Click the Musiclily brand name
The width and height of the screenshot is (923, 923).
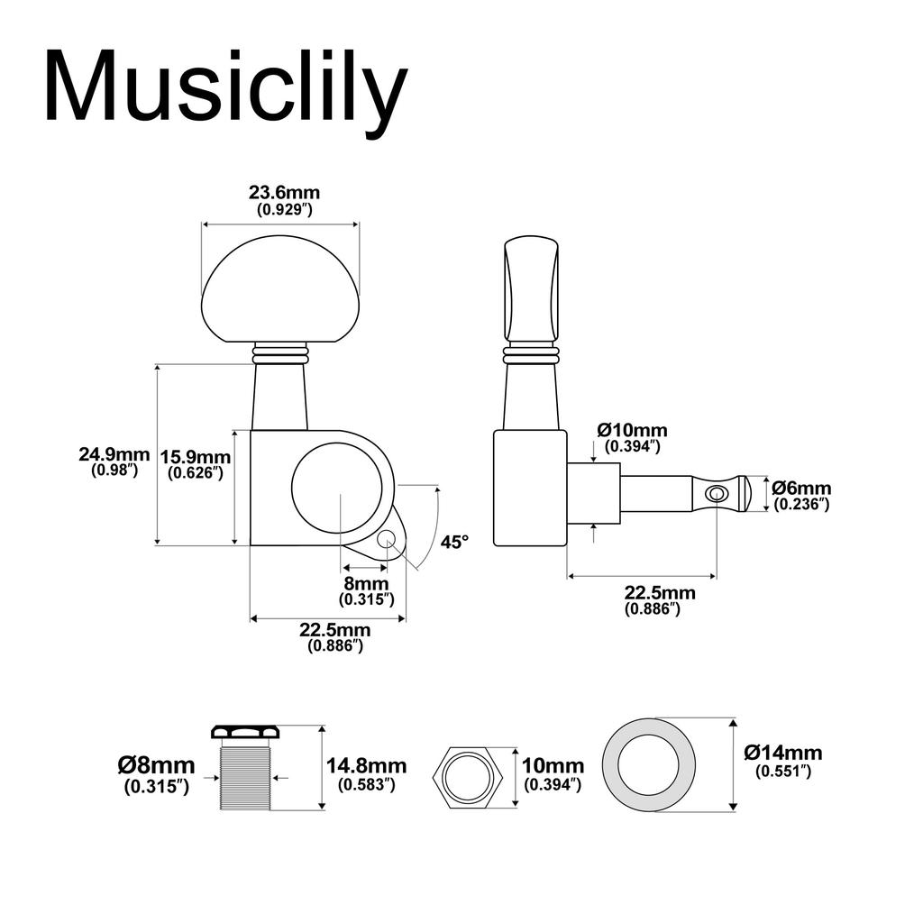click(225, 87)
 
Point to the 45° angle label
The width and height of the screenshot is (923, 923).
click(455, 542)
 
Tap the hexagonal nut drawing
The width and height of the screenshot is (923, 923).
click(467, 775)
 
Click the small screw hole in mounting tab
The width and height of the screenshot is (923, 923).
click(388, 539)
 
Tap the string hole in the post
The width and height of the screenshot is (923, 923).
click(717, 493)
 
